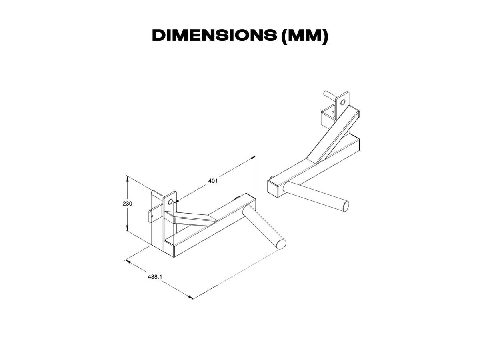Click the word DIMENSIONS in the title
[x=214, y=36]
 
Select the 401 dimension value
[x=213, y=181]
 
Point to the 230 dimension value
[x=127, y=203]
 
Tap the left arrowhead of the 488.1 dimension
[x=128, y=262]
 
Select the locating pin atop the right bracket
[x=329, y=95]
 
